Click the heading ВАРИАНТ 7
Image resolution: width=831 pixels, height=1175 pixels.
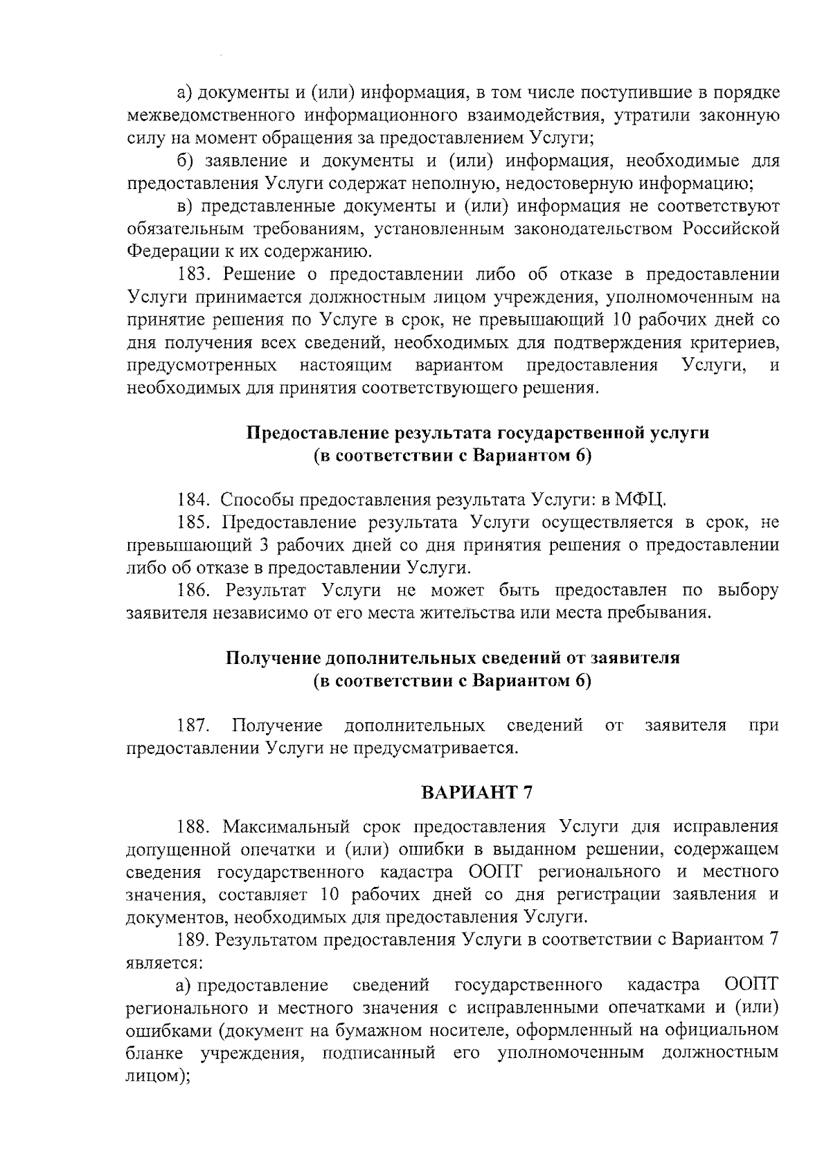coord(477,793)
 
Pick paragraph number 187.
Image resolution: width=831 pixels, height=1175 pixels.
coord(193,725)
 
